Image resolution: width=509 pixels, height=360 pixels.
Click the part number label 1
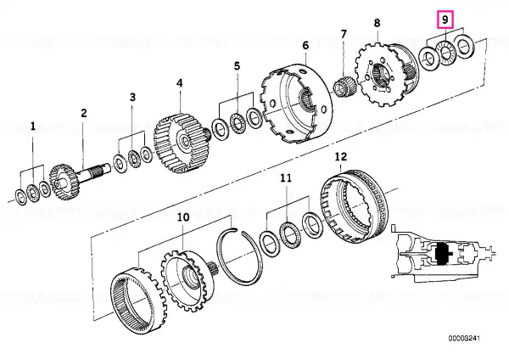tap(32, 127)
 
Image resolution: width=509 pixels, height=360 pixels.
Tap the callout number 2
tap(84, 114)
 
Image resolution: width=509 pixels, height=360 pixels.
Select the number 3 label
tap(132, 97)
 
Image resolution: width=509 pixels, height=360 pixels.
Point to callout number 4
tap(180, 83)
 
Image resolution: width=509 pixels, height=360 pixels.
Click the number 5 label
tap(238, 66)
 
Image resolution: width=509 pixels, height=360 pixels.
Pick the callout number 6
tap(305, 46)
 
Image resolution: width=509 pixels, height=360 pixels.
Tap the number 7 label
tap(344, 34)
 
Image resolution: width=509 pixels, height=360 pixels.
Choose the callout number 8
tap(377, 23)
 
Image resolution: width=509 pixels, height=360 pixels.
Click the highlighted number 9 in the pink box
tap(445, 20)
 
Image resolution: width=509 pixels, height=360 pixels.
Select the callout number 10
tap(183, 217)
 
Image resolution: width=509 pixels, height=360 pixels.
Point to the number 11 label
tap(286, 178)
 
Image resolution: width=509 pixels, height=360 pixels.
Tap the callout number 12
tap(341, 156)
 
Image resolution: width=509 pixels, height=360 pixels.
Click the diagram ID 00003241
tap(464, 338)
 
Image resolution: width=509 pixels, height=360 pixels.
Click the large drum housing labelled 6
tap(296, 104)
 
